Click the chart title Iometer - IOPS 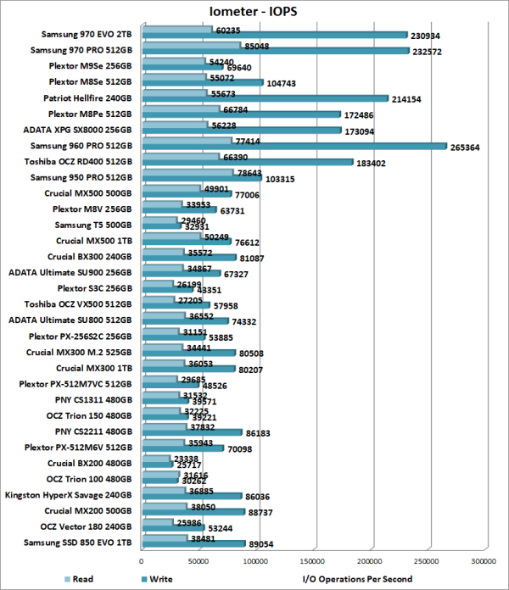pos(253,10)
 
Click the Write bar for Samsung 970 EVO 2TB pos(275,35)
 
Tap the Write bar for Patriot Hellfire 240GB pos(266,98)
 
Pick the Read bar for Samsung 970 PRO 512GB pos(191,46)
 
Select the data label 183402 pos(374,163)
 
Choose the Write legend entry pos(150,579)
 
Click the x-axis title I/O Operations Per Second pos(357,579)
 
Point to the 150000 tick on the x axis pos(313,561)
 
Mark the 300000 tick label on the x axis pos(484,561)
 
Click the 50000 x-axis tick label pos(199,561)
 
